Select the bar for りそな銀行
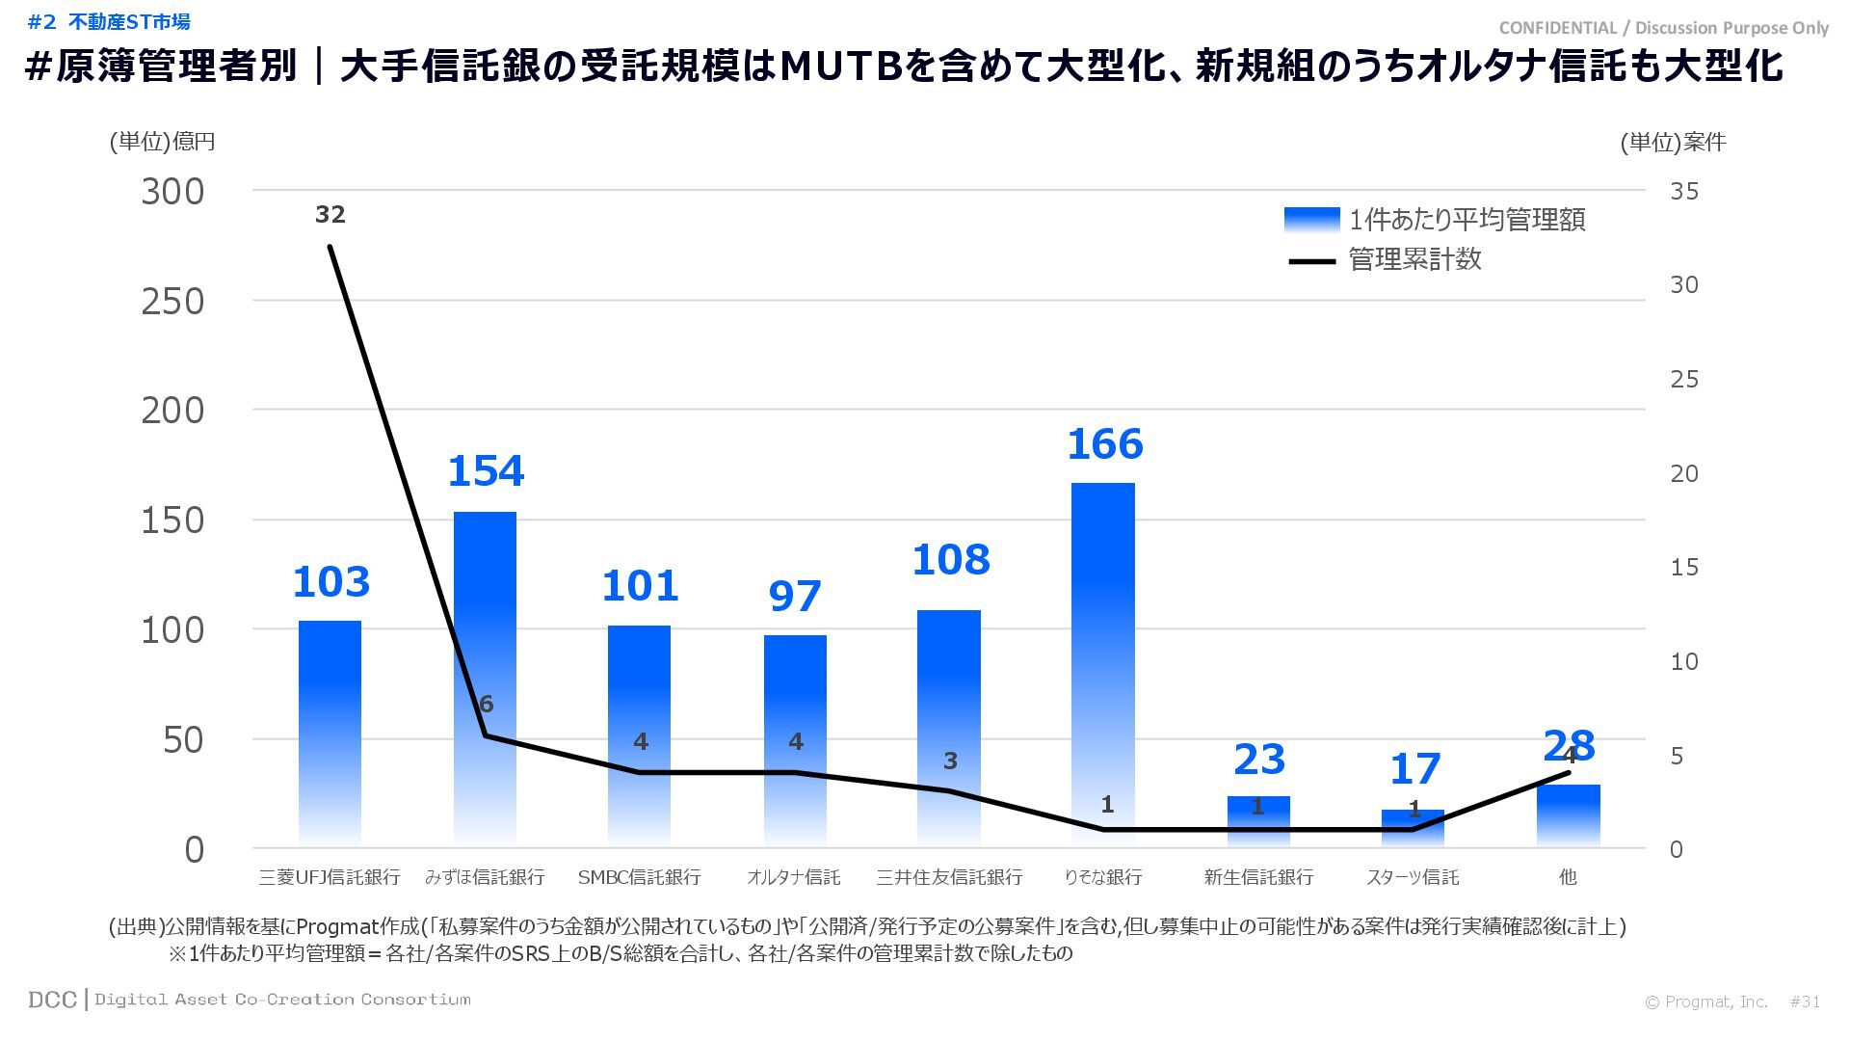click(x=1103, y=665)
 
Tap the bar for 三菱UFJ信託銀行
click(x=330, y=733)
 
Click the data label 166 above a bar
click(x=1104, y=444)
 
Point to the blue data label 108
click(x=950, y=560)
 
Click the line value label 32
click(x=330, y=214)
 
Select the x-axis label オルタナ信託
click(x=794, y=877)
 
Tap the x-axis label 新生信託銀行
click(x=1258, y=877)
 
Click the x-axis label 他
click(x=1568, y=877)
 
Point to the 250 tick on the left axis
click(x=173, y=302)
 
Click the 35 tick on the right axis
click(x=1684, y=191)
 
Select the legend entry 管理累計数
click(x=1414, y=260)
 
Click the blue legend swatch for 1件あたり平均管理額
click(x=1311, y=220)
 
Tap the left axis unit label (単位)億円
click(x=162, y=142)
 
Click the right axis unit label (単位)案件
click(x=1673, y=143)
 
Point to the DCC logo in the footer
click(x=52, y=1000)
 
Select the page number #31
click(x=1805, y=1001)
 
